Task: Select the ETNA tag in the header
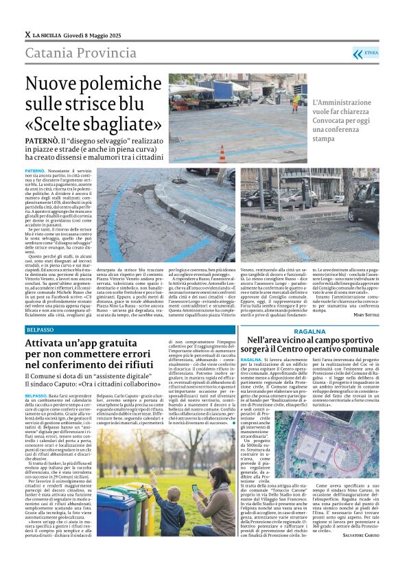click(x=371, y=52)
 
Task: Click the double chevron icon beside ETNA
click(x=356, y=53)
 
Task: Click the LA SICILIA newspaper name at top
click(x=47, y=34)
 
